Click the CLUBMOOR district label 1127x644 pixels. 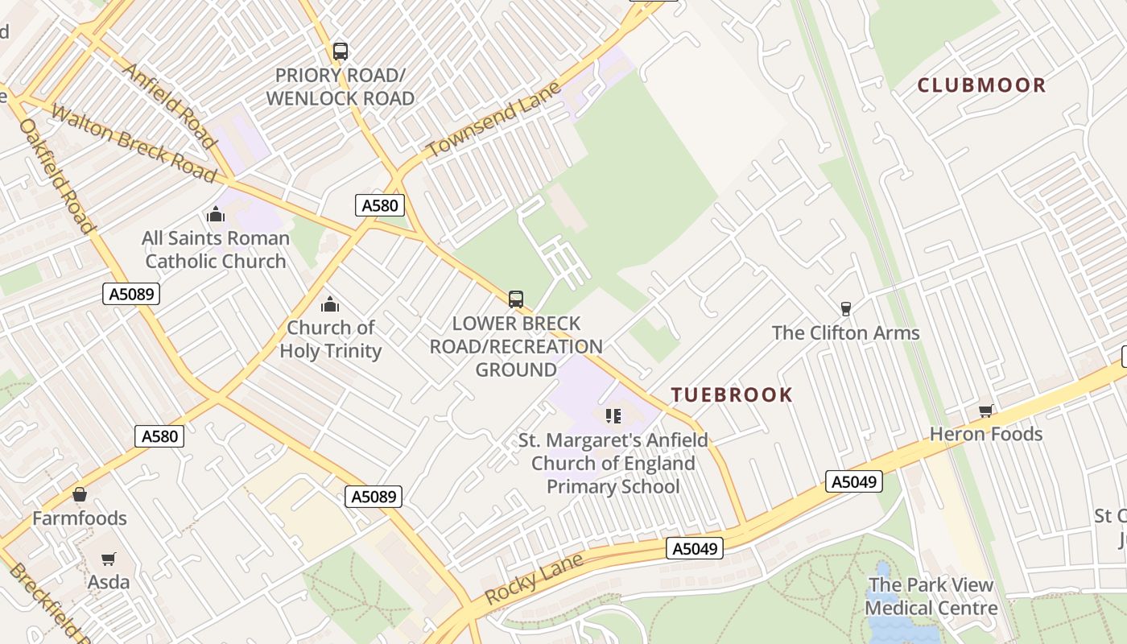(981, 85)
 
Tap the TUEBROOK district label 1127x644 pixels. (732, 394)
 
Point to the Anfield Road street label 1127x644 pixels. (169, 105)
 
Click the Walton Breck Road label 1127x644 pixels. (133, 142)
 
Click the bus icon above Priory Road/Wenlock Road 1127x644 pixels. (341, 52)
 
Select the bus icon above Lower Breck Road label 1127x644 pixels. (516, 299)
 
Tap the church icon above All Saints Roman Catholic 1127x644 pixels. (215, 214)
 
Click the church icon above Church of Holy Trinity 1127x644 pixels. (329, 304)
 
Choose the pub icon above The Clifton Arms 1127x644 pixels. (845, 308)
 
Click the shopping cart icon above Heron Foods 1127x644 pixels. (985, 411)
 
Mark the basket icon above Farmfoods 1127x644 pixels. (80, 494)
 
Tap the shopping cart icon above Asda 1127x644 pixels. (108, 559)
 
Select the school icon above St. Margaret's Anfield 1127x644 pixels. (613, 416)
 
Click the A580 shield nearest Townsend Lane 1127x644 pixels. (380, 205)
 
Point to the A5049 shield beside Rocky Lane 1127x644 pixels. (695, 549)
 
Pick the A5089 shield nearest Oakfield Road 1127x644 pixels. (132, 294)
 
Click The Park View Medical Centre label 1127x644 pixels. (931, 597)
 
